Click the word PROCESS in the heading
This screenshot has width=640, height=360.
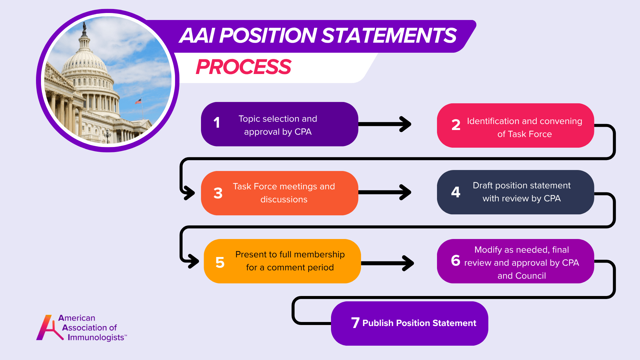pyautogui.click(x=244, y=67)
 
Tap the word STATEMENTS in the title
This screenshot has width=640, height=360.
pyautogui.click(x=389, y=36)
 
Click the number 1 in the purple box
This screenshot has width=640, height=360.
pyautogui.click(x=217, y=123)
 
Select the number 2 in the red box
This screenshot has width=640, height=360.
pyautogui.click(x=456, y=125)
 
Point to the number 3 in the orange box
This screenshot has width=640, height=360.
pyautogui.click(x=218, y=193)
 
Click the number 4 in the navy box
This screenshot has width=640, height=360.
pyautogui.click(x=456, y=192)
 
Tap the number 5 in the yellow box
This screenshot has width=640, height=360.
pyautogui.click(x=220, y=263)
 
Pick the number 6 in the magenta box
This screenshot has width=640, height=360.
pyautogui.click(x=456, y=260)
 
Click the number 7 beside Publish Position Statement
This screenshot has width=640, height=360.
pyautogui.click(x=355, y=323)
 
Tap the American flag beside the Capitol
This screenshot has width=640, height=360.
pyautogui.click(x=138, y=101)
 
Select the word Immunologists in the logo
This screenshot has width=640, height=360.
pyautogui.click(x=96, y=337)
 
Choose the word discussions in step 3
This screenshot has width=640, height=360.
pyautogui.click(x=284, y=200)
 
